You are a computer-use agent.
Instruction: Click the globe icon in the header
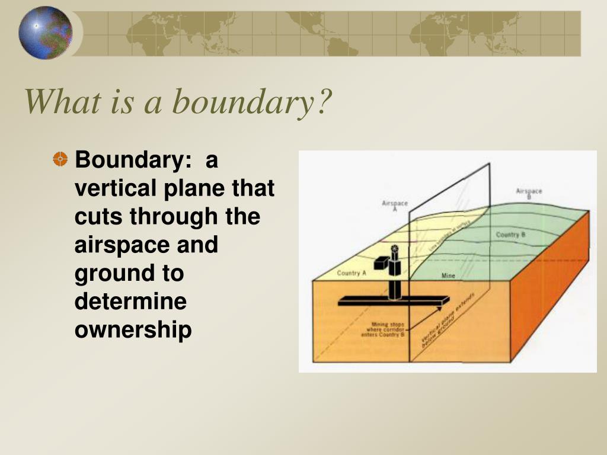45,33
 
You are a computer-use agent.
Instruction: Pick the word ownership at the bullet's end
133,330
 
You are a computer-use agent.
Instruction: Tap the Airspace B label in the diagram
529,193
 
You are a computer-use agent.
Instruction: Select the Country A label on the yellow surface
351,273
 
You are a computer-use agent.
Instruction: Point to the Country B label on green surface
510,235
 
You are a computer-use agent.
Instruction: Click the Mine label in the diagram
448,276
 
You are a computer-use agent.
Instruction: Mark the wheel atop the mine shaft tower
395,249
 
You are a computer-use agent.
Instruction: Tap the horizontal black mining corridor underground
391,302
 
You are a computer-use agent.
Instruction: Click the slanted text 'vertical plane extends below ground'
446,328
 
